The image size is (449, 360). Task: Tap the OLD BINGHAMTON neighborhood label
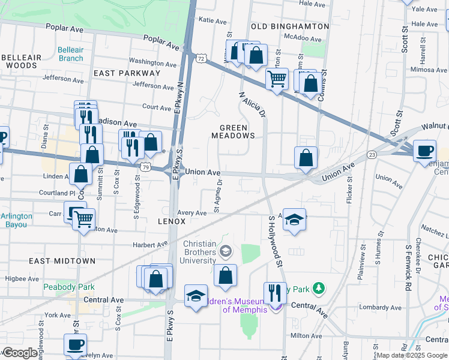pyautogui.click(x=290, y=26)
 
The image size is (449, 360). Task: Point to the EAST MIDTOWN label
pyautogui.click(x=62, y=261)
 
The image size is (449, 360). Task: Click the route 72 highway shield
pyautogui.click(x=201, y=59)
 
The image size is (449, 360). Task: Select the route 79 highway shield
pyautogui.click(x=146, y=165)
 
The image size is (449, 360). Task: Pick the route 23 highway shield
pyautogui.click(x=372, y=155)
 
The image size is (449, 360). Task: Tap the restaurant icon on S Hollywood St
pyautogui.click(x=275, y=293)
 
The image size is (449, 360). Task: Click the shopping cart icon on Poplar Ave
pyautogui.click(x=277, y=78)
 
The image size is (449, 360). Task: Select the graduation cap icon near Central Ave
pyautogui.click(x=196, y=296)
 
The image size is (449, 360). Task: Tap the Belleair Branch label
pyautogui.click(x=71, y=54)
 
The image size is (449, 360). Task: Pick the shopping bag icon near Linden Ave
pyautogui.click(x=81, y=175)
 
